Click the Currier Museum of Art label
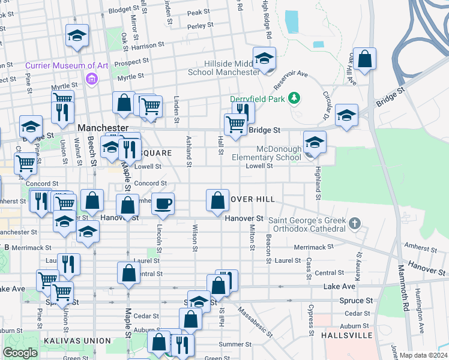(x=58, y=65)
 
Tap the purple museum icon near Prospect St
(x=91, y=79)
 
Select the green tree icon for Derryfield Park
(x=294, y=97)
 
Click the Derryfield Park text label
(x=258, y=98)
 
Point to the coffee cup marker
(x=163, y=204)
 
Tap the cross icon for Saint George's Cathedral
(x=354, y=224)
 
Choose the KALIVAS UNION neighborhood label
(x=77, y=341)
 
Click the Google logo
(x=20, y=353)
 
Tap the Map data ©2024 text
(x=423, y=355)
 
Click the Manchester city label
(x=103, y=128)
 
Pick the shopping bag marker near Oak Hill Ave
(x=364, y=59)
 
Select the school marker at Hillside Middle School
(x=264, y=59)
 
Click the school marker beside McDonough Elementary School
(x=314, y=143)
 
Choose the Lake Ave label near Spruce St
(x=340, y=287)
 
